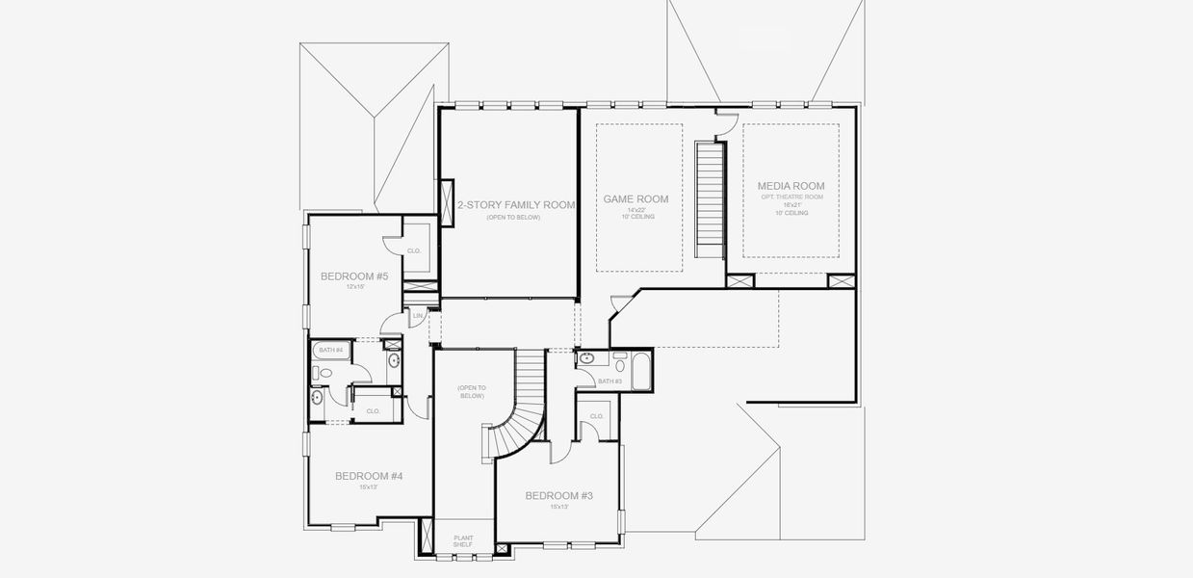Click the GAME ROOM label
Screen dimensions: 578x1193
point(635,199)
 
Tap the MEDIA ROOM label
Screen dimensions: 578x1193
point(791,186)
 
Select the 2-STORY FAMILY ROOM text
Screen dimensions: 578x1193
point(516,205)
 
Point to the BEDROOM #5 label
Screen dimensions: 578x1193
point(353,276)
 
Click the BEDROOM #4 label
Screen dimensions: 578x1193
point(368,476)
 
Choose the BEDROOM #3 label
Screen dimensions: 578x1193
point(558,495)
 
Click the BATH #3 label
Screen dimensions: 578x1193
point(609,381)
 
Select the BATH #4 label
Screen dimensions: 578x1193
point(330,349)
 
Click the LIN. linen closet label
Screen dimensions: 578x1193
point(418,315)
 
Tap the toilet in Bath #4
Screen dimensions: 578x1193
point(324,373)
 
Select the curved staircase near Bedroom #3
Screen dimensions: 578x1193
point(522,405)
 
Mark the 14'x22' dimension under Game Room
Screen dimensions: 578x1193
point(635,210)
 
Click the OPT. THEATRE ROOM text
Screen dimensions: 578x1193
point(791,197)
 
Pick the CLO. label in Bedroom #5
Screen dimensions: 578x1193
point(414,250)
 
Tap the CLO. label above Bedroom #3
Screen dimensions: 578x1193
point(596,416)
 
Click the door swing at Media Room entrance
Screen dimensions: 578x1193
point(727,120)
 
